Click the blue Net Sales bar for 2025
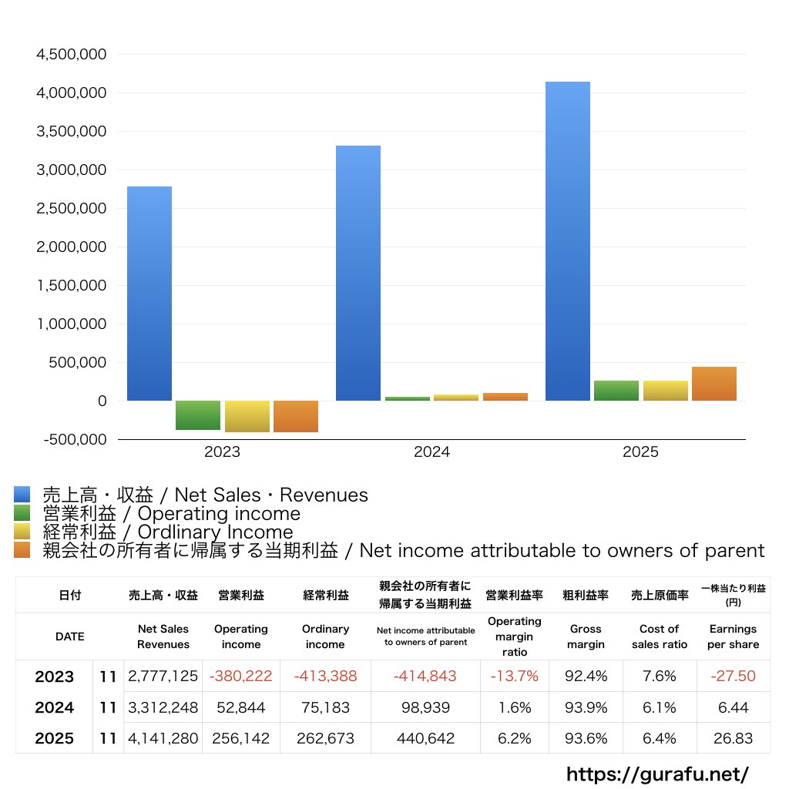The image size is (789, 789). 567,241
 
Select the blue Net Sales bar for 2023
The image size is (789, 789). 149,294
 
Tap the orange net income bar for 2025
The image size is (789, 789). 714,384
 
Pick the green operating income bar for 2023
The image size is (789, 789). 198,415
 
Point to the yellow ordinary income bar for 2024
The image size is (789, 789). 456,398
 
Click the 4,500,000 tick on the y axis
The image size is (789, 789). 72,55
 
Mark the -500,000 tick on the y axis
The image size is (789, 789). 72,440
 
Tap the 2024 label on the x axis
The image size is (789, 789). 431,452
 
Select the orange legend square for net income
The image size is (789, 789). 22,550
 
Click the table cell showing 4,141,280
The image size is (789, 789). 163,738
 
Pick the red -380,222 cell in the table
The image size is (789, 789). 240,677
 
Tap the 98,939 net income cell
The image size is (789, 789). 425,707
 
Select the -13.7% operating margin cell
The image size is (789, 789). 514,677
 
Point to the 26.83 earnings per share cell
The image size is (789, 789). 733,738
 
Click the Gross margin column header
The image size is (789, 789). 586,636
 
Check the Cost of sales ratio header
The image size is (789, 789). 659,636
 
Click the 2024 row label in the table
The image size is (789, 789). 55,707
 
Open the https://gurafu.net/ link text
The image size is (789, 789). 657,774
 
